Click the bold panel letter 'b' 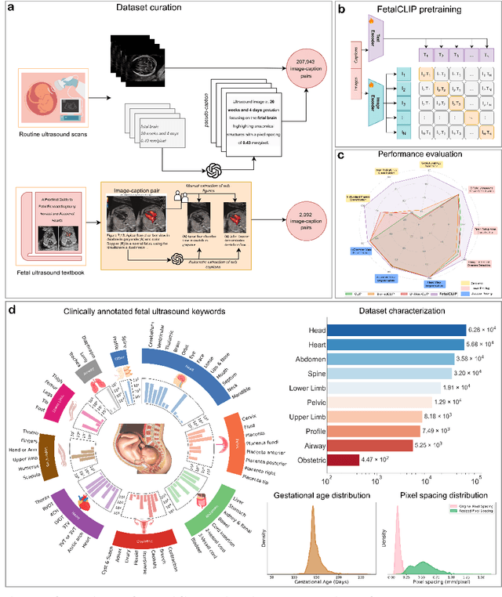[340, 9]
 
